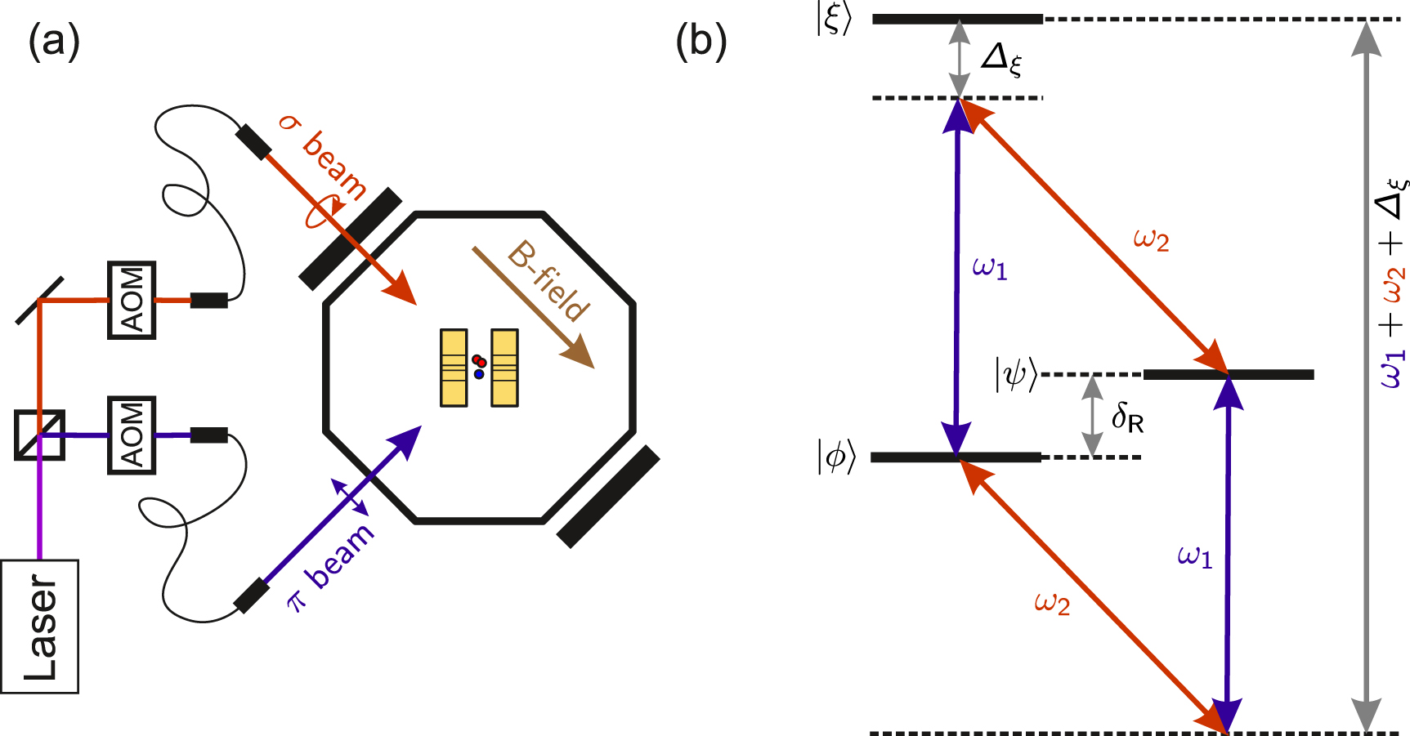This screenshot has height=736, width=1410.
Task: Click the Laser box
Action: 39,627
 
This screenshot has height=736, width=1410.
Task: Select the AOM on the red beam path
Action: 132,300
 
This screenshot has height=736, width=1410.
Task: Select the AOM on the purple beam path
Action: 132,435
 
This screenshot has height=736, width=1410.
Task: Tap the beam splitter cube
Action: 39,435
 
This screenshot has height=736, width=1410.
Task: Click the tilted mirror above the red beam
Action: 39,301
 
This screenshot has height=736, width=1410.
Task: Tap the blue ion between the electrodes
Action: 479,374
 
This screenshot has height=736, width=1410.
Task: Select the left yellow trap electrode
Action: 454,368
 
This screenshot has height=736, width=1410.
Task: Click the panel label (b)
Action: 701,41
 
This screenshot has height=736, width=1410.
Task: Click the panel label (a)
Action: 54,41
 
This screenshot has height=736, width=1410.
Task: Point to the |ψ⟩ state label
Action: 1016,375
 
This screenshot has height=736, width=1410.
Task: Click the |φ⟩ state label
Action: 835,457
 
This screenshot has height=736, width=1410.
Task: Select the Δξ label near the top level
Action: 1001,59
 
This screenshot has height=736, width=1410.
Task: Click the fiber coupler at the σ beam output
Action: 253,141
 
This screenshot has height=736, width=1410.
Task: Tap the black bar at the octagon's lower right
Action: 608,497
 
